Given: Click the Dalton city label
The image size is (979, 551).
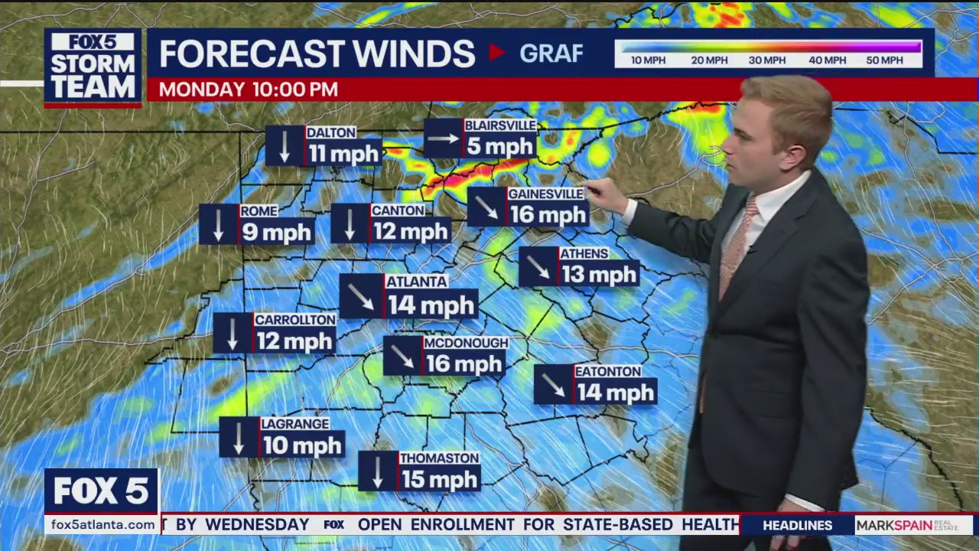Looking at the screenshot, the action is (x=331, y=132).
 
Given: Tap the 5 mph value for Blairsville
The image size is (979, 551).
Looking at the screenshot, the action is (x=499, y=146).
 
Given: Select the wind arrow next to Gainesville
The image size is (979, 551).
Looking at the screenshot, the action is (x=486, y=207).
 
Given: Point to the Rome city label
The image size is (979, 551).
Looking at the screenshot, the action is (x=259, y=211).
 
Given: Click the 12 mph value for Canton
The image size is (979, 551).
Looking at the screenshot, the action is (x=410, y=230).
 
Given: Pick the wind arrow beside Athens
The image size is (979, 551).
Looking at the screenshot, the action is (x=538, y=266).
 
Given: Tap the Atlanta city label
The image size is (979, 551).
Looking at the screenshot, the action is (x=416, y=282).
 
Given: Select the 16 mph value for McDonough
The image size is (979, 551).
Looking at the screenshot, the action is (x=463, y=363).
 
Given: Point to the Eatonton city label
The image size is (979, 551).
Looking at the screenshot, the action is (x=608, y=371).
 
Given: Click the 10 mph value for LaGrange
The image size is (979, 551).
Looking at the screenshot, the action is (x=302, y=445).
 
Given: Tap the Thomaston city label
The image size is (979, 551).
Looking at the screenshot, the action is (x=439, y=458).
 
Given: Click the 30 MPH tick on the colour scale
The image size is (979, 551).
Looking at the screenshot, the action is (x=767, y=60).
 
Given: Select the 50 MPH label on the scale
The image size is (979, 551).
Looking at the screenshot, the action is (x=885, y=60).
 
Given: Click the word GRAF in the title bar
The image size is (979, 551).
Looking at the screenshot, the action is (x=551, y=53).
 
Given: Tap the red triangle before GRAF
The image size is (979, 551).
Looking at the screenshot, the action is (x=497, y=52).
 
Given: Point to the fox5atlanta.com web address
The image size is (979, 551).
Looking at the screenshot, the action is (x=101, y=525).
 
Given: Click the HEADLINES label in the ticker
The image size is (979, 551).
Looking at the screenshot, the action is (x=797, y=525).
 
